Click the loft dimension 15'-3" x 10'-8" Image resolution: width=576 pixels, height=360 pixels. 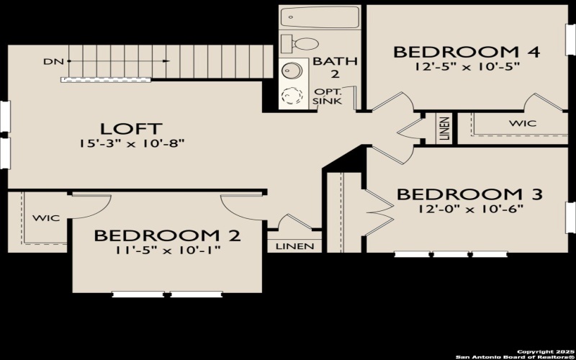point(134,143)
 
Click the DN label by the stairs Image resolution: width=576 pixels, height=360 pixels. point(50,62)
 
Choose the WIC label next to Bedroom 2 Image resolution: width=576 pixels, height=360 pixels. point(45,217)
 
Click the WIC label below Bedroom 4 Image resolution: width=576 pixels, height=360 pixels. point(523,124)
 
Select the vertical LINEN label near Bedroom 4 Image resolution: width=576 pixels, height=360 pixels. point(444,128)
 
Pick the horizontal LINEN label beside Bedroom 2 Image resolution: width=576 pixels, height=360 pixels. point(295,247)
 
